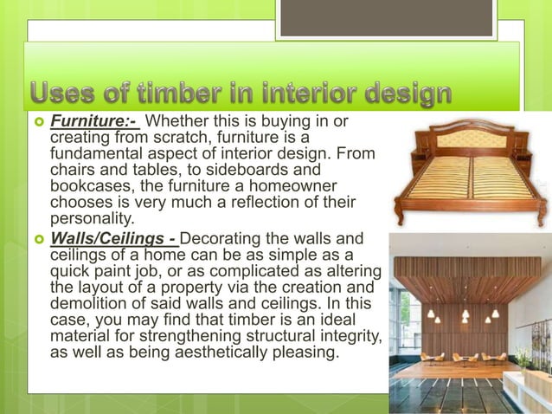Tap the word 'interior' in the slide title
pos(306,94)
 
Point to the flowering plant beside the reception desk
pos(523,357)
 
